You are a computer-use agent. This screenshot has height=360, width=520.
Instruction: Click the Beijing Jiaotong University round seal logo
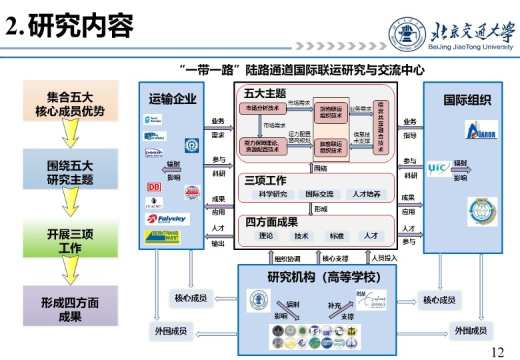click(407, 34)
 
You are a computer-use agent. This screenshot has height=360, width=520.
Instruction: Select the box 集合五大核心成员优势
click(70, 103)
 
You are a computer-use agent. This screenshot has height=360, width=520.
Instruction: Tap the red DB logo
click(154, 188)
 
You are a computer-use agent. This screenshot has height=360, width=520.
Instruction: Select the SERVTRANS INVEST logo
click(162, 237)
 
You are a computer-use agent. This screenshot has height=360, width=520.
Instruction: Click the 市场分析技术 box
click(263, 108)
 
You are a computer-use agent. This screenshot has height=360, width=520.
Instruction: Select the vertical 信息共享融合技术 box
click(381, 126)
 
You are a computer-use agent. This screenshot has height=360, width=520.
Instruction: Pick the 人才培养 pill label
click(366, 194)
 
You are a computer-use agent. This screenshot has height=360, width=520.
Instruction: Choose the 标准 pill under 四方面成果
click(336, 235)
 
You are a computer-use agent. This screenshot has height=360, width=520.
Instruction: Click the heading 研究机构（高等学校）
click(317, 277)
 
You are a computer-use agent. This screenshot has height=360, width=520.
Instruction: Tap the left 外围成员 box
click(171, 330)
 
